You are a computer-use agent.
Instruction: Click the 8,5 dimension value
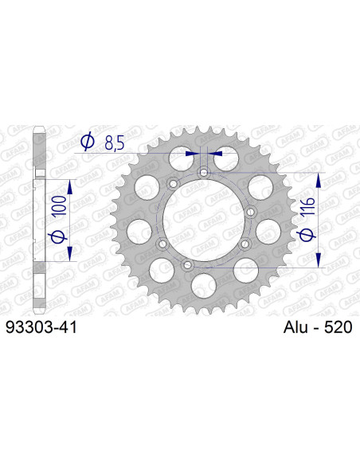[x=113, y=143]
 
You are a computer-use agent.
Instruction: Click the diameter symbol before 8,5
[x=85, y=143]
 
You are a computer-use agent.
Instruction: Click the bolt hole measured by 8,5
[x=204, y=171]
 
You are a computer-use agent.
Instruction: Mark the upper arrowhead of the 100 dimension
[x=70, y=186]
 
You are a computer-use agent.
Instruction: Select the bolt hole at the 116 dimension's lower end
[x=187, y=266]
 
